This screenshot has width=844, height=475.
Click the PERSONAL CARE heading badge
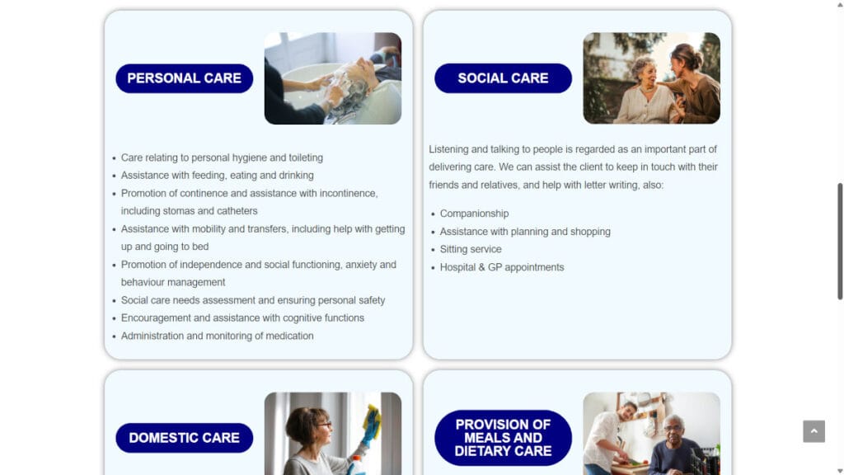184,78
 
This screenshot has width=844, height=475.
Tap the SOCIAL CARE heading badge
503,78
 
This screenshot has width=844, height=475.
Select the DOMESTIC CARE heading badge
184,438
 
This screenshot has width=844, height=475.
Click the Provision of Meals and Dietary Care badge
503,438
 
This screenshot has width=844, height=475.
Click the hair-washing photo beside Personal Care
333,78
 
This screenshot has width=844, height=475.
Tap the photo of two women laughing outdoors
651,78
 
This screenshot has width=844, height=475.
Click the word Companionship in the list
474,214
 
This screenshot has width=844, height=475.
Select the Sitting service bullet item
471,249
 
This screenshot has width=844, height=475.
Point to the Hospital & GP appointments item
502,267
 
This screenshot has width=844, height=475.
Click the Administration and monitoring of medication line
217,336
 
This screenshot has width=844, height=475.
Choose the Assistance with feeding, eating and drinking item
217,176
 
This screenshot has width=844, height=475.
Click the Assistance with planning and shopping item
525,232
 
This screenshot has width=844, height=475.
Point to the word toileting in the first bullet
306,158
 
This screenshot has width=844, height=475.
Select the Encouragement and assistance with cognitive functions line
242,318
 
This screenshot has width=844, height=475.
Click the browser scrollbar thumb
840,242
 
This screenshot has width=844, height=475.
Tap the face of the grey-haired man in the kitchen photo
673,429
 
